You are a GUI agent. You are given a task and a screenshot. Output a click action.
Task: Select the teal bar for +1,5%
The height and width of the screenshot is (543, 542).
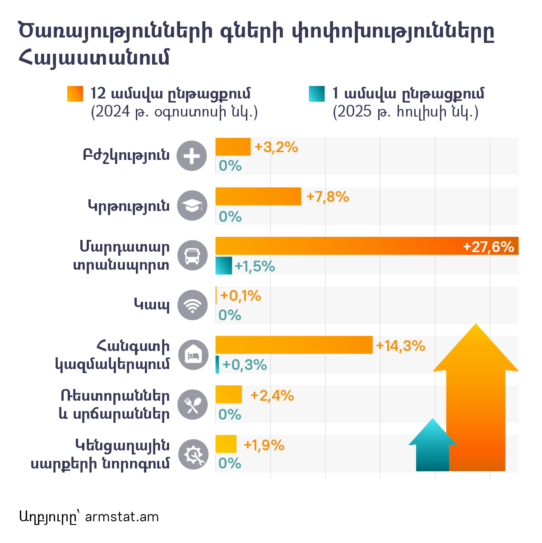pyautogui.click(x=223, y=266)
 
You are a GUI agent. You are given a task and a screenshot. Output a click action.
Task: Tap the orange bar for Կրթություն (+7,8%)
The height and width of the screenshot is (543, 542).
pyautogui.click(x=258, y=196)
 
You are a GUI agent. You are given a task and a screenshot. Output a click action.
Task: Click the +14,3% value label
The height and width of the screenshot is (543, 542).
pyautogui.click(x=400, y=346)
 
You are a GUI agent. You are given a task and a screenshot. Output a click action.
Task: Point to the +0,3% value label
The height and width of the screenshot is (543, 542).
pyautogui.click(x=245, y=365)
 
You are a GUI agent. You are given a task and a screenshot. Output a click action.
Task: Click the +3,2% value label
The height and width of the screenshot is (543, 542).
pyautogui.click(x=276, y=147)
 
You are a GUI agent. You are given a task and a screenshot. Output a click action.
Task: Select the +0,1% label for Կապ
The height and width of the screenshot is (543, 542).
pyautogui.click(x=241, y=296)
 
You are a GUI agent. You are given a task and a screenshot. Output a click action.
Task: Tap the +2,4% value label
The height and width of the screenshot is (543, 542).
pyautogui.click(x=272, y=396)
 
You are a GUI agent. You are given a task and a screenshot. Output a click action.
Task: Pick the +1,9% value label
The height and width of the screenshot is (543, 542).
pyautogui.click(x=264, y=445)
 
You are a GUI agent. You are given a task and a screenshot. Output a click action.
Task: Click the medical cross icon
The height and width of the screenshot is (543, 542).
pyautogui.click(x=192, y=156)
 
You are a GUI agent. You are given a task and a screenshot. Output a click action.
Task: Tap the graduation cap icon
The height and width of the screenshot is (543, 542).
pyautogui.click(x=192, y=206)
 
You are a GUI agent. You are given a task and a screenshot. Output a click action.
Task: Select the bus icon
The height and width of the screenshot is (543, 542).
pyautogui.click(x=192, y=256)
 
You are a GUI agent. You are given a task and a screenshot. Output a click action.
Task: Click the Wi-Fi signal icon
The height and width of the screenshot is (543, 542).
pyautogui.click(x=192, y=305)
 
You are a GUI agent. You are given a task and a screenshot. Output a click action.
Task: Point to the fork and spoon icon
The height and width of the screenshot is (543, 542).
pyautogui.click(x=192, y=405)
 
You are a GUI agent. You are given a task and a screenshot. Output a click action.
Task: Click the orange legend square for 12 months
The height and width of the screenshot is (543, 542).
pyautogui.click(x=75, y=94)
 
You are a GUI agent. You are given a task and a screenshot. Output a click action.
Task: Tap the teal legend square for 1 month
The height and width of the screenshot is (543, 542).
pyautogui.click(x=316, y=94)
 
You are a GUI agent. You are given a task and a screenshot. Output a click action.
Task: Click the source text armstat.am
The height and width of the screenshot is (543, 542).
pyautogui.click(x=121, y=517)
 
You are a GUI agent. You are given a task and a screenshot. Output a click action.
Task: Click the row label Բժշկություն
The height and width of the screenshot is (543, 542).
pyautogui.click(x=126, y=155)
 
